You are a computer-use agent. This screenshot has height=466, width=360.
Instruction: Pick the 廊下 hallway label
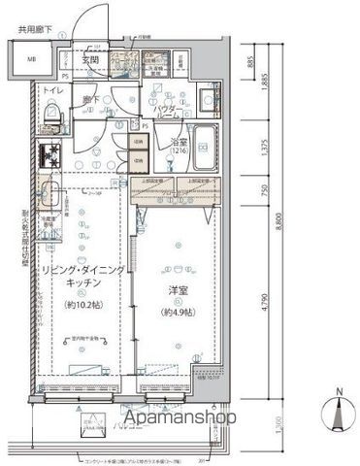click(x=91, y=100)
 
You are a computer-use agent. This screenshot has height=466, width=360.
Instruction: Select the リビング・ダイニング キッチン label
click(x=82, y=279)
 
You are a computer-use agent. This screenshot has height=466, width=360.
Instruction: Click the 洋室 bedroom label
click(x=178, y=294)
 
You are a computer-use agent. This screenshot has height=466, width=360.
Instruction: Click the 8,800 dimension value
click(x=281, y=222)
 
